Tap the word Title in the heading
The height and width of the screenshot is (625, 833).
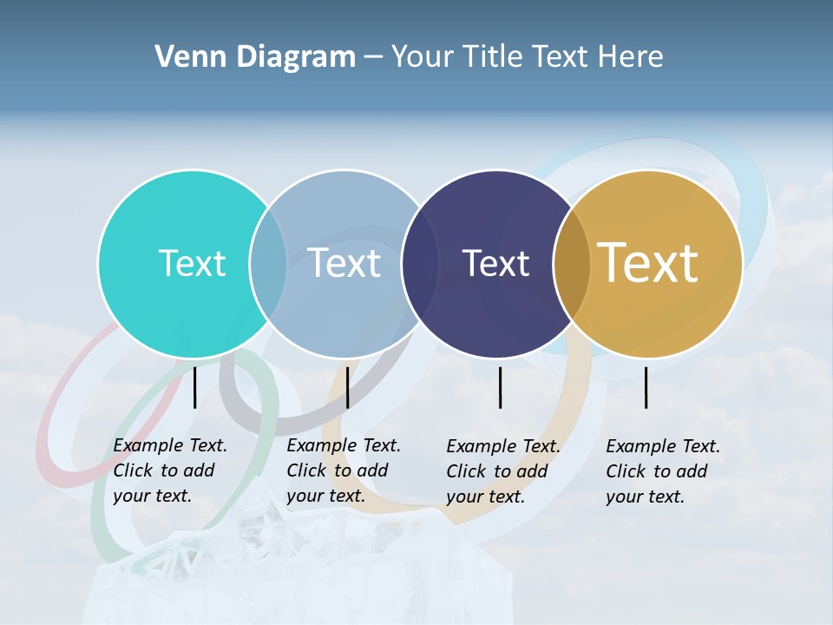point(492,57)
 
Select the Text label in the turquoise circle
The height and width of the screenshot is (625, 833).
point(192,263)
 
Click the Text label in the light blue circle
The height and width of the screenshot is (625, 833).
point(344,263)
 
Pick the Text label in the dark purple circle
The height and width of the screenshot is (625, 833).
point(495,263)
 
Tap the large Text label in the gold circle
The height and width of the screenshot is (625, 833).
point(648,263)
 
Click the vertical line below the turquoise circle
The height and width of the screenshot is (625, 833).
point(195,387)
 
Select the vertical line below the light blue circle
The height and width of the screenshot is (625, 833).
point(347,387)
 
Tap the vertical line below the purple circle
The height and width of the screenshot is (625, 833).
point(501,387)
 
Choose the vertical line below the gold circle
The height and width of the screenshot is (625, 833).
point(646,387)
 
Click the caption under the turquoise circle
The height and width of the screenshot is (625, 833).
point(170,470)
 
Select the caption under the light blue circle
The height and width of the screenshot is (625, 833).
point(344,470)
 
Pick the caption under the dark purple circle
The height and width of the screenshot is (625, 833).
point(503,471)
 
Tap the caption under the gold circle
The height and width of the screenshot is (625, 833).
point(663,471)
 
